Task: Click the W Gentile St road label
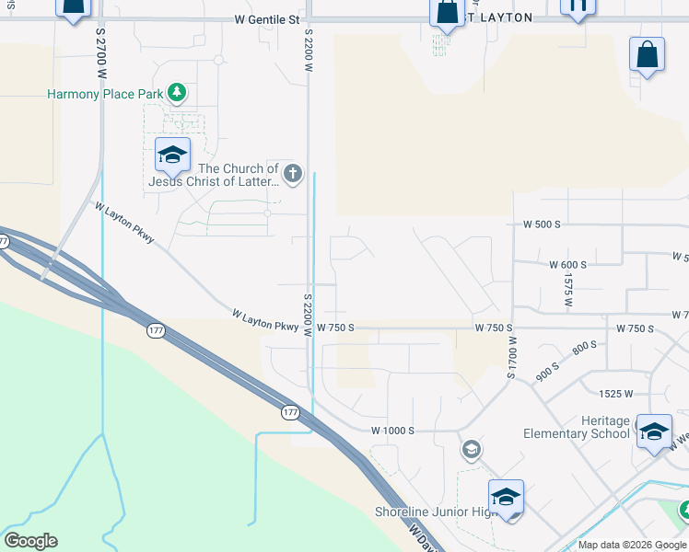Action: [267, 18]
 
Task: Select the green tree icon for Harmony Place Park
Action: [177, 93]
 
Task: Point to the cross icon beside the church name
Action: [292, 173]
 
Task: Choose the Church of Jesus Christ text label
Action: [238, 175]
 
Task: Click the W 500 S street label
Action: [542, 224]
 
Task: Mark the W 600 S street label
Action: [567, 264]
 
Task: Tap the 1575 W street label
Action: [569, 289]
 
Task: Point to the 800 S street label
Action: [584, 349]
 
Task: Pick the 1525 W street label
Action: [615, 394]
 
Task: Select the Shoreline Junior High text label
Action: [436, 512]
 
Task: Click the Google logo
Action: [29, 541]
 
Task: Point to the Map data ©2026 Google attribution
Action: [631, 545]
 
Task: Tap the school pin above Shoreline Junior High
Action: [506, 497]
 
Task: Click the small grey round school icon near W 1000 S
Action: [471, 449]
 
